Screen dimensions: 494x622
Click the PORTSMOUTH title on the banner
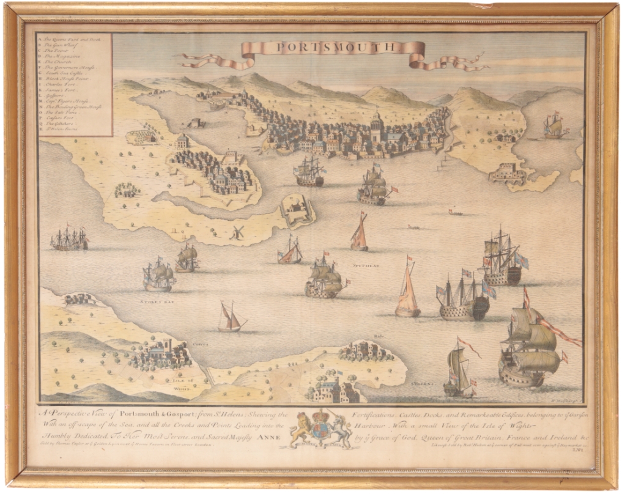[x=333, y=47]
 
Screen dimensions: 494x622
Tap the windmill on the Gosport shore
[x=236, y=232]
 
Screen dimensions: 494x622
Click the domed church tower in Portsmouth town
[x=377, y=124]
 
